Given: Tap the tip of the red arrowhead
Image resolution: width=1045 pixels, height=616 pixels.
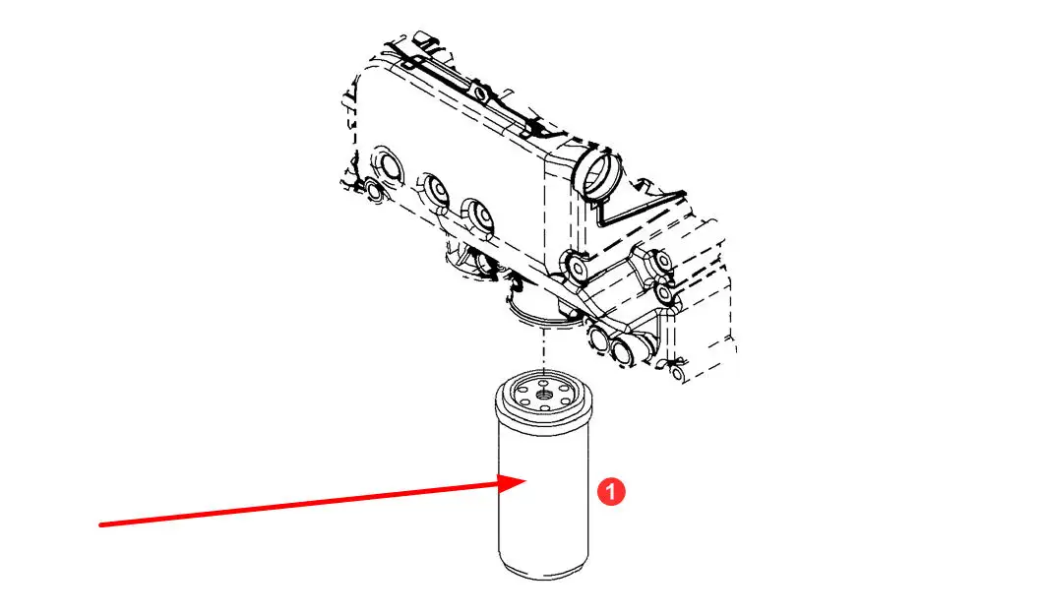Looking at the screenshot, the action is tap(527, 481).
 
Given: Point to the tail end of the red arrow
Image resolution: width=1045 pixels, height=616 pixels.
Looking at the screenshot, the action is tap(100, 525).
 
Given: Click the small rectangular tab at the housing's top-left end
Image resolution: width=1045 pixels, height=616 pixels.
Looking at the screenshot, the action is tap(423, 37).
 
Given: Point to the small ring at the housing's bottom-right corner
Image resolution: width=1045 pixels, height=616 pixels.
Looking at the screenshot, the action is tap(677, 373).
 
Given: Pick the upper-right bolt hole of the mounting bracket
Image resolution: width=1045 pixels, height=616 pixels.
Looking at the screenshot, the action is tap(661, 261).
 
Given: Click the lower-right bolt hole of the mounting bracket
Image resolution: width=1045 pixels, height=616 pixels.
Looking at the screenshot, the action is tap(664, 292).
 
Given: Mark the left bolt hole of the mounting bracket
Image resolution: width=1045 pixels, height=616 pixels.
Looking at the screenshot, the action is tap(577, 268).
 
